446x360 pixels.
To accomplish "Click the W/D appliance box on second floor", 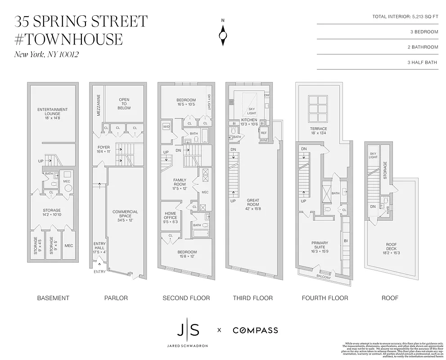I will (x=166, y=127).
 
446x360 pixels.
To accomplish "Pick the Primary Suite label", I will (x=320, y=246).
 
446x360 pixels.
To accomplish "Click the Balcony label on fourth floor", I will (x=323, y=277).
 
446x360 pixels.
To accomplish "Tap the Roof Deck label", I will (x=391, y=247).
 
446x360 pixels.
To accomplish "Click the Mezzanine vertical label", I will (x=98, y=105).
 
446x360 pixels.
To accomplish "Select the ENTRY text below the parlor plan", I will (x=99, y=272).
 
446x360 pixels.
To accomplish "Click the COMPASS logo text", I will (x=255, y=330).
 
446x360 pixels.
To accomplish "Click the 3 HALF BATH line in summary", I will (x=423, y=62).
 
